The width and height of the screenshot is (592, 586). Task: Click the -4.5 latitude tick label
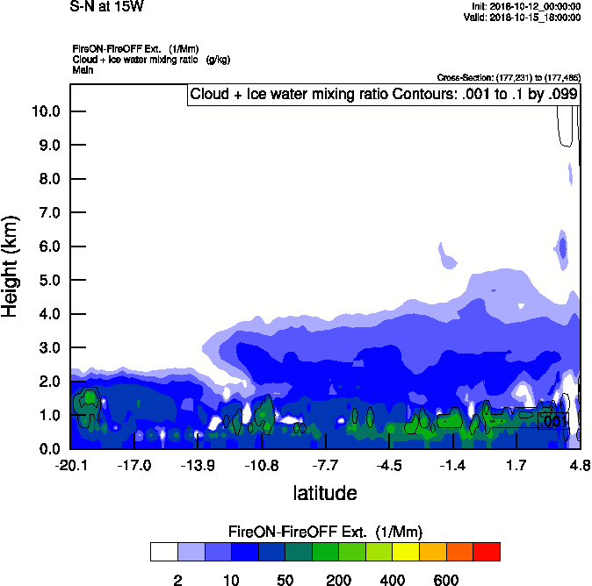[x=389, y=465]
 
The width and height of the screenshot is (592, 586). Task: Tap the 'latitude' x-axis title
[x=324, y=493]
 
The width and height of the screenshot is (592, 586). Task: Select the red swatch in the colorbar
[x=486, y=552]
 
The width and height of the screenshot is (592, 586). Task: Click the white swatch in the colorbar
[x=163, y=552]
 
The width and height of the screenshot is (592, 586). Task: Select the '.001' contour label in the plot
[x=552, y=421]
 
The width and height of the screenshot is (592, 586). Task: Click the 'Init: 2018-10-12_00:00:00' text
[x=526, y=7]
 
